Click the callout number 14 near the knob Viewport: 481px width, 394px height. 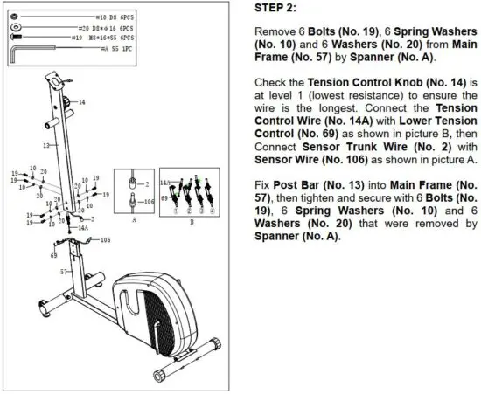click(81, 102)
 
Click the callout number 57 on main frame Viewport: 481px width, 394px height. click(62, 272)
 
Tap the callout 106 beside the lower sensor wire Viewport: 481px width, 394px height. click(105, 238)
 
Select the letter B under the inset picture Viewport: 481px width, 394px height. click(192, 222)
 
